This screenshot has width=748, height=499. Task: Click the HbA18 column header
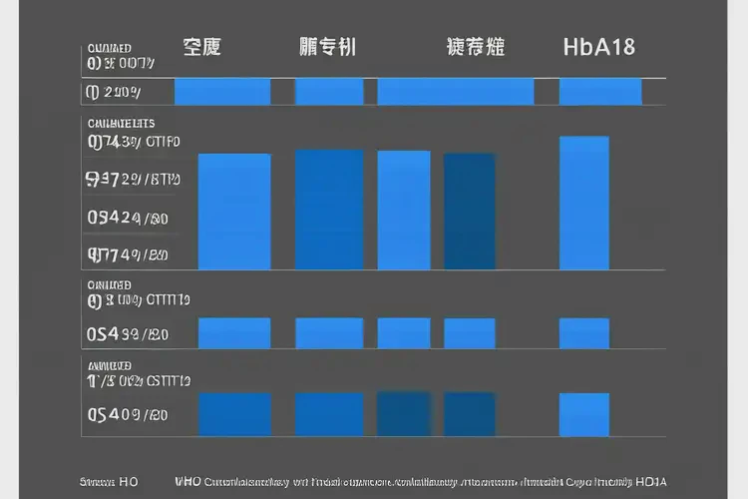[x=598, y=46]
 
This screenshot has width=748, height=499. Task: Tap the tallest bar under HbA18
[x=583, y=203]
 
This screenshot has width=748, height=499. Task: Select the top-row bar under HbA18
[x=599, y=92]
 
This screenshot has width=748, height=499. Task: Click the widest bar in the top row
[x=455, y=92]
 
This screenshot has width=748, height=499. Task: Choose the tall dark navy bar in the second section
[x=469, y=211]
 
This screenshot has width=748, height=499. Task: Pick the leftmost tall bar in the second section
[x=234, y=212]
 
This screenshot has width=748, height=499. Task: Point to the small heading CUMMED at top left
[x=110, y=48]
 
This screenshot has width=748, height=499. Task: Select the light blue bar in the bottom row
[x=583, y=414]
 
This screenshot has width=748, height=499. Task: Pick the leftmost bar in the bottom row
[x=234, y=414]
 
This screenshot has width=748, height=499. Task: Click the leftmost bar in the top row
[x=221, y=92]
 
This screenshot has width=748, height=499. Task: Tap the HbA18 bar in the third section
[x=583, y=333]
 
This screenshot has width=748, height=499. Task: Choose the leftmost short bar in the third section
[x=234, y=333]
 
